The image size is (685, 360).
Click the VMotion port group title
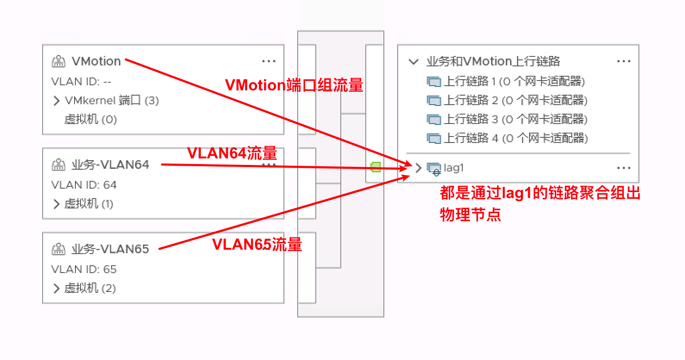tap(96, 61)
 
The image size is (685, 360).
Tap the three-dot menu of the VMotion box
tap(269, 61)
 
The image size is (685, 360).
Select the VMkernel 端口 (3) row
tap(112, 100)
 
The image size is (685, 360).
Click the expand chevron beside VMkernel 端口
tap(56, 101)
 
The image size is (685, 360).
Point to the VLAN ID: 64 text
tap(84, 185)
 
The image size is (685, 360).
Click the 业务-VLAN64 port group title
tap(110, 164)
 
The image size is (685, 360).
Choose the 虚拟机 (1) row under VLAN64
tap(89, 204)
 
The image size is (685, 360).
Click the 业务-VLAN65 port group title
tap(110, 249)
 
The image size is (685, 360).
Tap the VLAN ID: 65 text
tap(84, 269)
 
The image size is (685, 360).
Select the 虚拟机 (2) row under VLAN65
tap(90, 288)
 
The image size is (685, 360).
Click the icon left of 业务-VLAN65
tap(59, 249)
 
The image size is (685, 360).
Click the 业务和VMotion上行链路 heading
tap(493, 61)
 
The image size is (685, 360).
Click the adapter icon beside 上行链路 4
tap(433, 138)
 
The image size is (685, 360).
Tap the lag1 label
tap(454, 168)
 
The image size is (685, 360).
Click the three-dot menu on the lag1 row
tap(623, 168)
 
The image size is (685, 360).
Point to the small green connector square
tap(376, 167)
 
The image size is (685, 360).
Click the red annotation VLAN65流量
tap(257, 245)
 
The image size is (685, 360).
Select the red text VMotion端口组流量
tap(294, 85)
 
